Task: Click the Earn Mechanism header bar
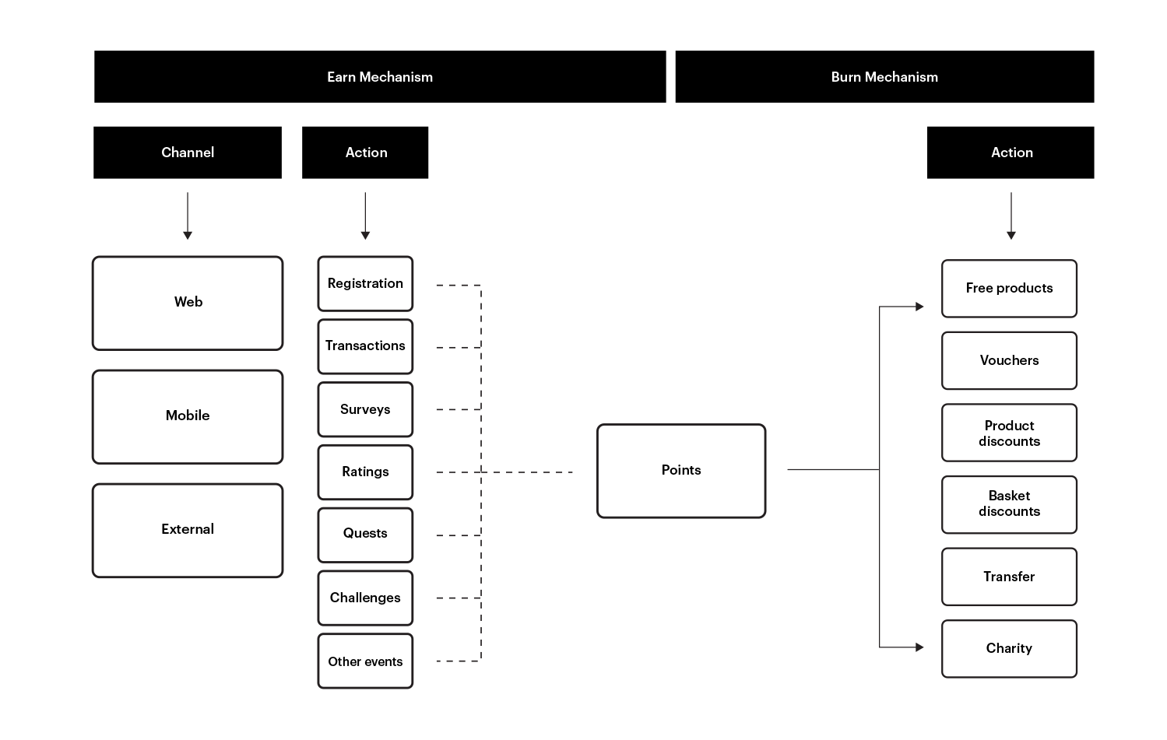380,76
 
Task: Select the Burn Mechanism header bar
884,76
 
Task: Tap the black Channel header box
188,153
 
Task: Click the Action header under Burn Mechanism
1011,153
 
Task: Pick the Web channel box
188,303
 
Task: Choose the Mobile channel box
188,416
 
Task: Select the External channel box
188,530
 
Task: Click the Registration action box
365,283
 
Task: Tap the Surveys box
365,409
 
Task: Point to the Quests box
365,535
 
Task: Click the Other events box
365,661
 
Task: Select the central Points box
681,470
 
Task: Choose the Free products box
1009,289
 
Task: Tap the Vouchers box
1009,360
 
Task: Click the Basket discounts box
1009,504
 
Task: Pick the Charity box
1009,648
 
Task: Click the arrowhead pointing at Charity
919,647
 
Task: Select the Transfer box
1009,577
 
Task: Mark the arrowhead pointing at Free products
919,307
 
